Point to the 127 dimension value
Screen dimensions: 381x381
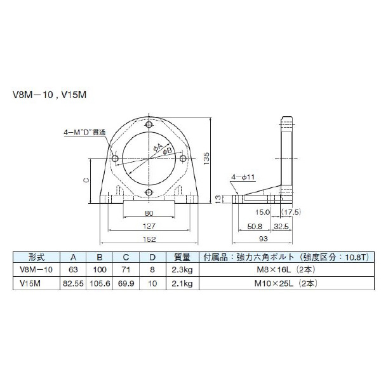[148, 226]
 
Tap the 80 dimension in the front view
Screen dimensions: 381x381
[148, 213]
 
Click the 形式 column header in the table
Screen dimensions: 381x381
[37, 258]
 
